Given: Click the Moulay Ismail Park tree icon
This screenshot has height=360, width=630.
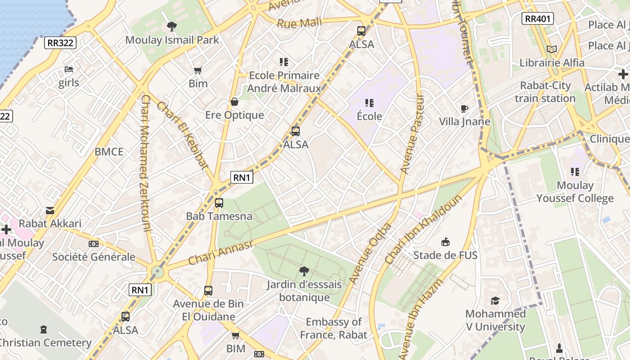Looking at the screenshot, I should (x=171, y=26).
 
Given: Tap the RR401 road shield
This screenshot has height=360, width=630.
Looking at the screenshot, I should (x=537, y=18).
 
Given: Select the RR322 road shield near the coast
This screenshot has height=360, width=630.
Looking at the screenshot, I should (x=60, y=43).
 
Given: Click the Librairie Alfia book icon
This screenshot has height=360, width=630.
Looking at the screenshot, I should (x=552, y=49).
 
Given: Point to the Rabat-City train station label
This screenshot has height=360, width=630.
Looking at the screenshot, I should (x=545, y=92).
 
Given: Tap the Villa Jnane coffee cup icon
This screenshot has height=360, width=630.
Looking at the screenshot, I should (x=464, y=108).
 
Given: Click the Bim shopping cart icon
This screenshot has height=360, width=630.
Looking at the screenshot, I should (x=198, y=70).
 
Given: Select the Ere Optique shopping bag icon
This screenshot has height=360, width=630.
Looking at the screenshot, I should (x=234, y=102).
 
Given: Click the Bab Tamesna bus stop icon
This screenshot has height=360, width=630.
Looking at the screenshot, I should (x=219, y=203).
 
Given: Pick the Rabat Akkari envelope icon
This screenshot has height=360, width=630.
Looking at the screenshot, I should (x=50, y=210).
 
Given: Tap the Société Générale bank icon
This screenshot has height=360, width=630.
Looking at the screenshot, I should (x=94, y=243).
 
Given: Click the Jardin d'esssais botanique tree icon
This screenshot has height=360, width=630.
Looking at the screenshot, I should (x=304, y=271).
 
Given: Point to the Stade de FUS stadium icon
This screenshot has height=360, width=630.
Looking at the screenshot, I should (x=445, y=242).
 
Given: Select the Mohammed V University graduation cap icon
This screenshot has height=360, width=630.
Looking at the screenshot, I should (x=495, y=301).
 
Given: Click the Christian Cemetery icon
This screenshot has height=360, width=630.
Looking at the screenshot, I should (x=44, y=329).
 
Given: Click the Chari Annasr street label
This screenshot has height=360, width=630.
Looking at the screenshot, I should (x=220, y=252).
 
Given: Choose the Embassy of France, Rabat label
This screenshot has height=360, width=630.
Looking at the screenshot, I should (x=333, y=328).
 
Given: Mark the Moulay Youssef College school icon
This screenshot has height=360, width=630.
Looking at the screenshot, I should (x=575, y=172).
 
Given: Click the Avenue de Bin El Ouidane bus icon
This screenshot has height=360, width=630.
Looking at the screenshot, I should (x=208, y=291).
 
